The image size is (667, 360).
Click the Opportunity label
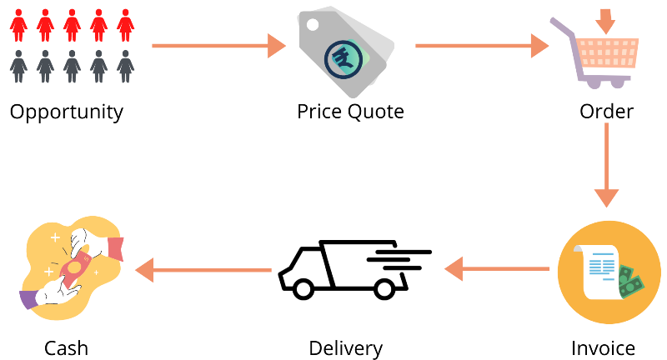[67, 112]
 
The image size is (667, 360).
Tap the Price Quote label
[350, 112]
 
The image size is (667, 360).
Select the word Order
[606, 112]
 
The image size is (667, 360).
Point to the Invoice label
[603, 348]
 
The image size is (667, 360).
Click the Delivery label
[345, 349]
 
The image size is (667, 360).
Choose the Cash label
[67, 348]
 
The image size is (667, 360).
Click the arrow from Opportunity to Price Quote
[218, 46]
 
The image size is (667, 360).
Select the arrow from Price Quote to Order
[482, 46]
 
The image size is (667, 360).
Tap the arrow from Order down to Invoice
[606, 165]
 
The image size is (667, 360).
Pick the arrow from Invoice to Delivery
[497, 269]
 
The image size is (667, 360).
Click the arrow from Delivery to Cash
[203, 270]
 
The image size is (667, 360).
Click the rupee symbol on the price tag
[343, 59]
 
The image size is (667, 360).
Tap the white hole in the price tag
[313, 25]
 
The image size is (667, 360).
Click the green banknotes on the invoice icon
[631, 282]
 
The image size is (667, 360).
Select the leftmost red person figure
[18, 26]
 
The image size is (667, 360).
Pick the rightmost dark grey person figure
[126, 67]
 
